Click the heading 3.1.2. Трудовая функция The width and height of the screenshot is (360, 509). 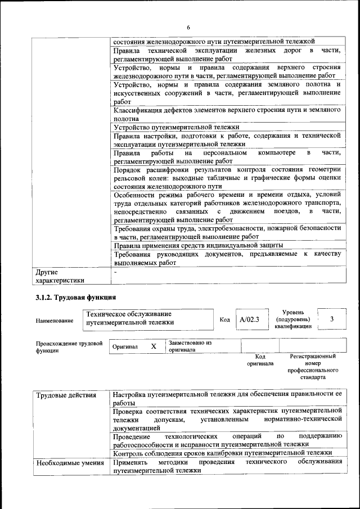(x=76, y=297)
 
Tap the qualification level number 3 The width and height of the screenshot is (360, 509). (x=332, y=319)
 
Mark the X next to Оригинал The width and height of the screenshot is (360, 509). (x=154, y=346)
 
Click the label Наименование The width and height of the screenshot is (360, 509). (x=55, y=321)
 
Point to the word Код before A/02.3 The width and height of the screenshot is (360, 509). (x=224, y=319)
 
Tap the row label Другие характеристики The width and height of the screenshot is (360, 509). (x=60, y=276)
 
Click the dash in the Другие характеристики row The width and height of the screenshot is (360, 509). (x=115, y=272)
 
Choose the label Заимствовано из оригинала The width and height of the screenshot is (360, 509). (x=190, y=346)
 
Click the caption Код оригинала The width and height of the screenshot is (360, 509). (x=260, y=360)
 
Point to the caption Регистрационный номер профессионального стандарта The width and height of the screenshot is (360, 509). (x=313, y=367)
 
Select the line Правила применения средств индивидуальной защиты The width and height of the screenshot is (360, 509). (x=198, y=245)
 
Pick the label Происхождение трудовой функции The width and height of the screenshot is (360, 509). (x=69, y=346)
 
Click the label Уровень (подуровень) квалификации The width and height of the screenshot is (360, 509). (x=293, y=319)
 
